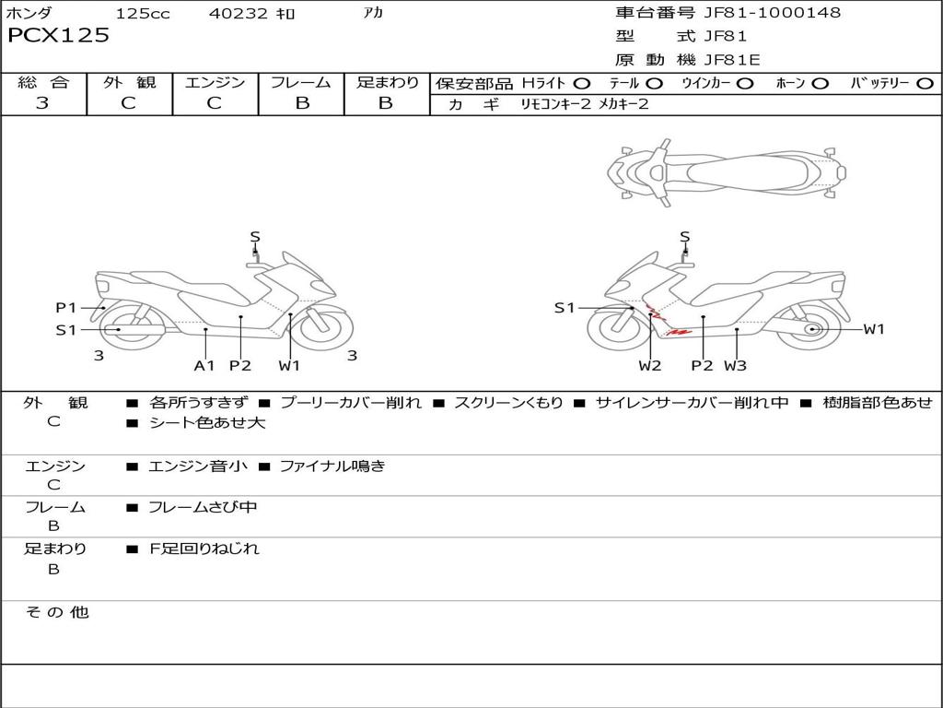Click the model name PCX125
click(x=58, y=36)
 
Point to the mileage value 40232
click(x=239, y=14)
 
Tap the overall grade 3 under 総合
click(x=42, y=103)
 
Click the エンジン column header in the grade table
click(x=215, y=82)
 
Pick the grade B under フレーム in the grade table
click(x=301, y=103)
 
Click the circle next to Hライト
click(x=582, y=83)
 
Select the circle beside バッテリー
click(x=925, y=83)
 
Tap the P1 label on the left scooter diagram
click(x=66, y=308)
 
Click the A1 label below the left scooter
click(x=204, y=365)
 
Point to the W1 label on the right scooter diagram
click(x=873, y=329)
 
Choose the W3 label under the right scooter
click(x=735, y=365)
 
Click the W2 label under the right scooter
click(x=650, y=365)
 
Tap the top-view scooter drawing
click(x=727, y=172)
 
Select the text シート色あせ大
click(x=206, y=423)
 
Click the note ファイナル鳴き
click(x=332, y=466)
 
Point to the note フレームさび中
click(x=203, y=507)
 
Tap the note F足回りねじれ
click(x=204, y=549)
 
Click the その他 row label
click(x=57, y=612)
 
